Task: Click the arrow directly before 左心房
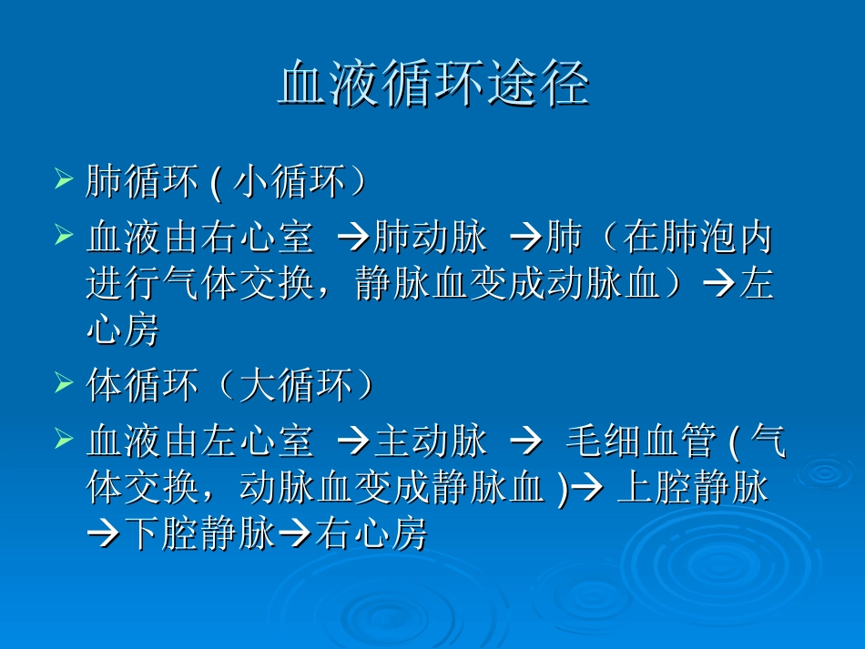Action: tap(717, 286)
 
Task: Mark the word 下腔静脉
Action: tap(200, 535)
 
